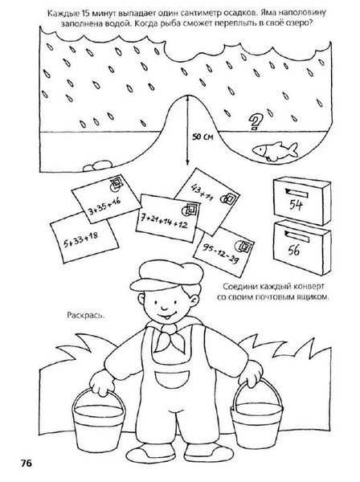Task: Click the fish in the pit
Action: (275, 151)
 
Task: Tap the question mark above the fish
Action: (255, 122)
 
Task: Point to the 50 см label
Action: (202, 137)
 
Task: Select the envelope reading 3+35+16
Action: (105, 199)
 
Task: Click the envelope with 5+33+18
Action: (84, 237)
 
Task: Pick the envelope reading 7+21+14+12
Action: (167, 218)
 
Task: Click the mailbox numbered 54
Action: (301, 200)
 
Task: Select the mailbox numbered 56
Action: (302, 247)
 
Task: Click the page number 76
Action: (27, 463)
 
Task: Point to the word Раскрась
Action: (86, 315)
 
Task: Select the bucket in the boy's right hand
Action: (98, 422)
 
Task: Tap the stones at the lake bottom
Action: (96, 166)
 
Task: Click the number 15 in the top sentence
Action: (85, 14)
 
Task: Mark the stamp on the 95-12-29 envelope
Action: (243, 247)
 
